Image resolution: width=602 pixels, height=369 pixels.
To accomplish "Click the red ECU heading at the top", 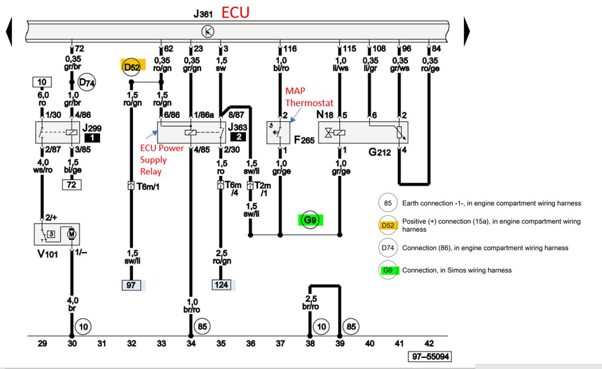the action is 235,13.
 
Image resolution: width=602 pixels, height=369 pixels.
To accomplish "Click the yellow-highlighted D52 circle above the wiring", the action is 132,66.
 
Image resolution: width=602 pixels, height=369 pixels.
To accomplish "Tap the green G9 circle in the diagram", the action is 310,220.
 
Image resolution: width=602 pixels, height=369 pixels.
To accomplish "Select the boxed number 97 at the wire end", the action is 131,285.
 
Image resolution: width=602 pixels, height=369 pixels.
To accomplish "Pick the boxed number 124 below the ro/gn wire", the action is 221,285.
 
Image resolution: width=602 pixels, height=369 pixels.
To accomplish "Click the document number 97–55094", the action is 430,356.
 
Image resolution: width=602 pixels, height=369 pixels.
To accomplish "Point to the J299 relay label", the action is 92,128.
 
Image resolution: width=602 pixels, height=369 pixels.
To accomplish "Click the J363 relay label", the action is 238,127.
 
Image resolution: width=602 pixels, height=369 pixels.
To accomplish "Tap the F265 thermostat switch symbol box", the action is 279,133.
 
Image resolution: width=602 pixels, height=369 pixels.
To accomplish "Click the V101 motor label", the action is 48,254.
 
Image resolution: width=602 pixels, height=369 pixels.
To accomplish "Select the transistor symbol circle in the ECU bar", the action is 208,32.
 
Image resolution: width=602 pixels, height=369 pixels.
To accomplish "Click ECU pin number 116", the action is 290,48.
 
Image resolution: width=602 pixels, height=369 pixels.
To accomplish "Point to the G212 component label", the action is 380,152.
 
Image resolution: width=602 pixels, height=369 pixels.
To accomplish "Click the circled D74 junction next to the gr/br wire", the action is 87,82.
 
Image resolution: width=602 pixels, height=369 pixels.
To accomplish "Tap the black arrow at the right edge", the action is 467,31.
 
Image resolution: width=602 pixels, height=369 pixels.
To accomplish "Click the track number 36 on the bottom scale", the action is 251,343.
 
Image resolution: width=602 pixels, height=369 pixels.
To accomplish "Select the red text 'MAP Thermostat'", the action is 309,97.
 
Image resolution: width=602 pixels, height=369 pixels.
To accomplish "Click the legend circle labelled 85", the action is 388,203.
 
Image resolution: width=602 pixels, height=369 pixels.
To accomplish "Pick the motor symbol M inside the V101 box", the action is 71,234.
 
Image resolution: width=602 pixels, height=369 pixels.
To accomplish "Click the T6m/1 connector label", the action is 148,186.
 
